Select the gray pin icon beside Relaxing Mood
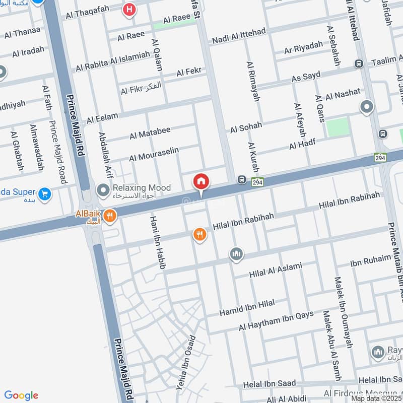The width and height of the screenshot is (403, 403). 104,190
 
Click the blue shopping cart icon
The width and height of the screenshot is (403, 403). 45,193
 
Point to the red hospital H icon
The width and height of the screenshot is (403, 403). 130,9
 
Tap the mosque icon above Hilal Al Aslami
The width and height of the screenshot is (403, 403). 236,254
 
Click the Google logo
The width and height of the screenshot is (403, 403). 21,395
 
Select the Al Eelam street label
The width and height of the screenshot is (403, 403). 102,118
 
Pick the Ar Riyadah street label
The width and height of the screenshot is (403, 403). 303,48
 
